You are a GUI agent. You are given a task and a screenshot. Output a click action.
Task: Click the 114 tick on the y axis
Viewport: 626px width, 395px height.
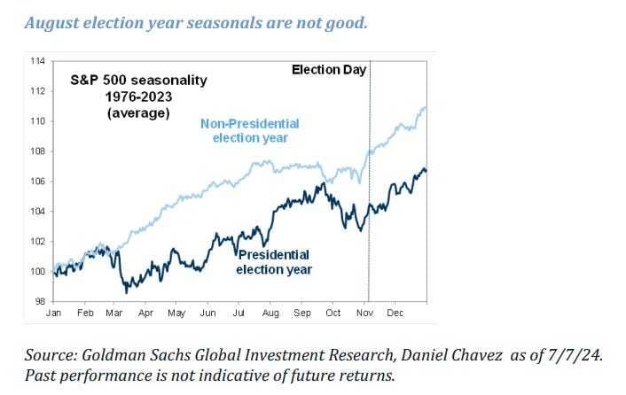(x=37, y=61)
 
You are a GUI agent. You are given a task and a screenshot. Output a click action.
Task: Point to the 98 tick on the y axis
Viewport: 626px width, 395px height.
(x=40, y=301)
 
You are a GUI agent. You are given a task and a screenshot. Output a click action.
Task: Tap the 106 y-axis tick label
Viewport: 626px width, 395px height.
(x=37, y=182)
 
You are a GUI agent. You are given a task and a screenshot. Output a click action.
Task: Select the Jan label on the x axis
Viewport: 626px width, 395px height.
(x=54, y=313)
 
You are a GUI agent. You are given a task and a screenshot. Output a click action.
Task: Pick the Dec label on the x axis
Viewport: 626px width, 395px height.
(x=395, y=313)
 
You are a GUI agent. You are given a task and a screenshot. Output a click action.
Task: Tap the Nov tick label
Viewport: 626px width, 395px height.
(x=364, y=313)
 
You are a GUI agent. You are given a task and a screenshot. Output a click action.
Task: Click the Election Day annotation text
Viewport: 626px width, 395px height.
(x=328, y=69)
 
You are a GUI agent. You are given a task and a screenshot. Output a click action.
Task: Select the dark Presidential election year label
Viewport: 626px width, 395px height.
(x=275, y=262)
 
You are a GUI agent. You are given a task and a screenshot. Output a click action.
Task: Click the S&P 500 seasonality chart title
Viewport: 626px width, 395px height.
(x=138, y=80)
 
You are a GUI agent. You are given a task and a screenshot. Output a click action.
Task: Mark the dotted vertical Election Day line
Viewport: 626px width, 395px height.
(x=368, y=204)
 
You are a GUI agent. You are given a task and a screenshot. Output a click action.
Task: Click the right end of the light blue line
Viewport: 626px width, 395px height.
(x=426, y=107)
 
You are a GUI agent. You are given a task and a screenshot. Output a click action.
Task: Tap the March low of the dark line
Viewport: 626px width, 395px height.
(x=126, y=290)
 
